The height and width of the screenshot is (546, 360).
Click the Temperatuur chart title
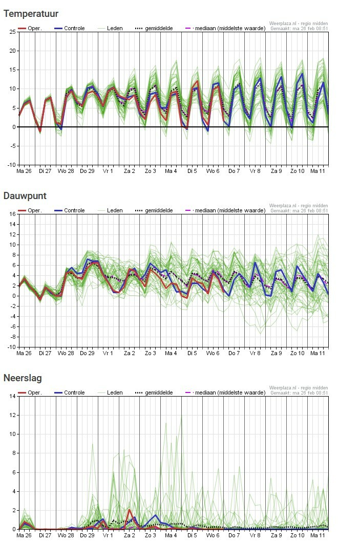[x=31, y=14]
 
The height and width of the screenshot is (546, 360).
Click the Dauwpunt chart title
[x=25, y=195]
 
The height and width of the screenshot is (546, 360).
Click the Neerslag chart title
[x=23, y=378]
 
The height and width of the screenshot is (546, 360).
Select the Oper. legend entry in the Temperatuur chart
[x=30, y=28]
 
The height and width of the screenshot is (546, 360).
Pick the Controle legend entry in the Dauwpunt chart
[x=70, y=210]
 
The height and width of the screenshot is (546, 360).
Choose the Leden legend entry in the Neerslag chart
[x=110, y=392]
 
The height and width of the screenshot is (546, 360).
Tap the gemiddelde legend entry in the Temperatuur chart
[x=154, y=28]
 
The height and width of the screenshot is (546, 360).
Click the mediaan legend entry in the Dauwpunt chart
[x=225, y=210]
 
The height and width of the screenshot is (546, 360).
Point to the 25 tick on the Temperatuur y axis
[x=12, y=32]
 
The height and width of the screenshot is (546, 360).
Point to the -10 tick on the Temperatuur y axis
[x=12, y=165]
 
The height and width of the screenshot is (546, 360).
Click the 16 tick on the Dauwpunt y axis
[x=12, y=214]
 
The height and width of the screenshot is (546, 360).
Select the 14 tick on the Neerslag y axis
[x=12, y=396]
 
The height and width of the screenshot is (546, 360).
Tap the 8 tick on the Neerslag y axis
[x=14, y=453]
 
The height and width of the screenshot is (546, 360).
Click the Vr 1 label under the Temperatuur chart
[x=108, y=171]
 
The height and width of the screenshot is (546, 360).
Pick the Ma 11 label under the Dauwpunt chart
[x=317, y=353]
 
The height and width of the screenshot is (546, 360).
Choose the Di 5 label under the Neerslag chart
[x=192, y=535]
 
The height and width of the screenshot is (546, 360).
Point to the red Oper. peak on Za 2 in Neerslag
[x=129, y=510]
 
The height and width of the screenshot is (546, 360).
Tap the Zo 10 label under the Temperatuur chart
[x=298, y=171]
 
